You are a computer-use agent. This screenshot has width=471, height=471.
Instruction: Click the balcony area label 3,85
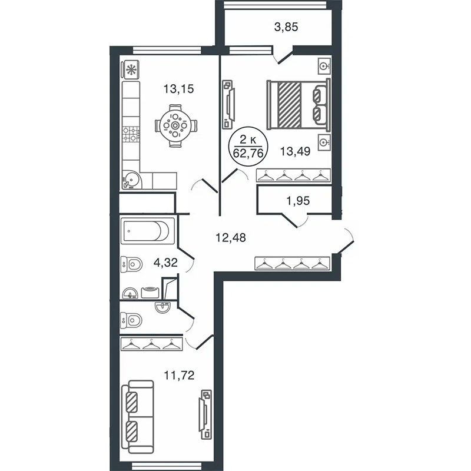pyautogui.click(x=286, y=27)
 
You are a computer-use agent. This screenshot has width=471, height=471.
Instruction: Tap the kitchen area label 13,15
pyautogui.click(x=178, y=89)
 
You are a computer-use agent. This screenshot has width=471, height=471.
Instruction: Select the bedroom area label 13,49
pyautogui.click(x=295, y=151)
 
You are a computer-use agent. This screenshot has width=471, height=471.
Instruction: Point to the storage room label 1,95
pyautogui.click(x=298, y=201)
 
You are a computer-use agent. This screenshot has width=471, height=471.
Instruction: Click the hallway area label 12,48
pyautogui.click(x=231, y=238)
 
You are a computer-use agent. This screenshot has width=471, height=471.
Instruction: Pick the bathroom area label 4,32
pyautogui.click(x=165, y=263)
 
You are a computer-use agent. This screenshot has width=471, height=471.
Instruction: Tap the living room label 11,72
pyautogui.click(x=179, y=375)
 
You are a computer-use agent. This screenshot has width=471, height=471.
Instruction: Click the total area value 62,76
pyautogui.click(x=248, y=153)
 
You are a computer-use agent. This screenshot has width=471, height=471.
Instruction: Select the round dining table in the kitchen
pyautogui.click(x=175, y=125)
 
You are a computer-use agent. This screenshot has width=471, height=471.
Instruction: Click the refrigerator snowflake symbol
pyautogui.click(x=131, y=69)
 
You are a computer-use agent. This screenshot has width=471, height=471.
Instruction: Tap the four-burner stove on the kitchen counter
pyautogui.click(x=131, y=134)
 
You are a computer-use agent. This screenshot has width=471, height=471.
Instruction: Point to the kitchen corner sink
pyautogui.click(x=131, y=180)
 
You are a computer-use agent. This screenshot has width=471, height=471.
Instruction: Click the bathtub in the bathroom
pyautogui.click(x=147, y=231)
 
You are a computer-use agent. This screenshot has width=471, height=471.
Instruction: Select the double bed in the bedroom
pyautogui.click(x=298, y=104)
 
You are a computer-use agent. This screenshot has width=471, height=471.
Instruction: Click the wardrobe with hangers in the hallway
pyautogui.click(x=293, y=263)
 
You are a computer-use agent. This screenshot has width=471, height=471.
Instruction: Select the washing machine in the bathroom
pyautogui.click(x=150, y=292)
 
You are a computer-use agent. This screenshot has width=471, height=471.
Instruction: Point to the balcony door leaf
pyautogui.click(x=286, y=58)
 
